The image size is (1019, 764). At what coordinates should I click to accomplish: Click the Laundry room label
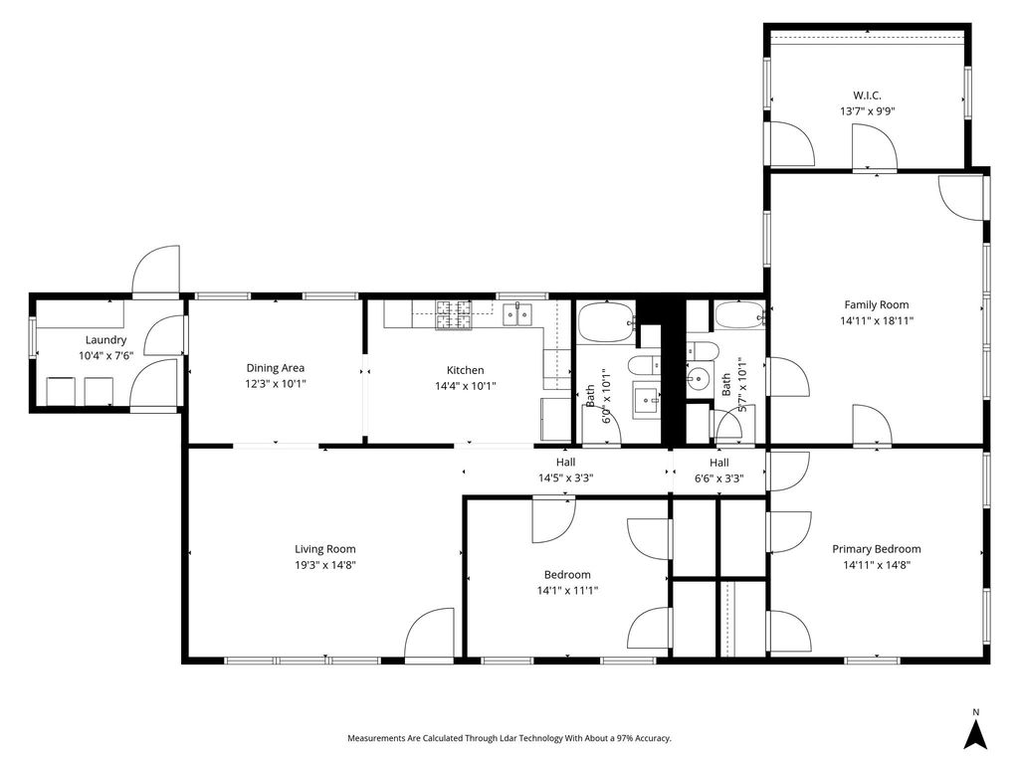[105, 340]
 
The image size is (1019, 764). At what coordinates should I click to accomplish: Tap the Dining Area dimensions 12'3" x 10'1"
[276, 384]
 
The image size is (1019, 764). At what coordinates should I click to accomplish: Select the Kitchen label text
[466, 370]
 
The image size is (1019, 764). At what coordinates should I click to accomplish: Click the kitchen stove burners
[454, 315]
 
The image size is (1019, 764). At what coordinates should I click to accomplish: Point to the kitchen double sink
[517, 314]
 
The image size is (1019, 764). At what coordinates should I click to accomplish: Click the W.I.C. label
[868, 95]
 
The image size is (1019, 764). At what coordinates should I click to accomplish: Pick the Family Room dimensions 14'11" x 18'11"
[877, 320]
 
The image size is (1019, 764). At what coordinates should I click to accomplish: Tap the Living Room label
[325, 549]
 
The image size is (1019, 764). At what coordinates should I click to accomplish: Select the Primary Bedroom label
[877, 549]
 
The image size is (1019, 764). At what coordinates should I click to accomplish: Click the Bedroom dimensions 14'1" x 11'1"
[567, 591]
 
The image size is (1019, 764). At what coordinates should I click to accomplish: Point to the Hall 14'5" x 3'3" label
[565, 471]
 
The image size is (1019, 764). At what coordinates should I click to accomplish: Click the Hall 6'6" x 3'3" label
[718, 471]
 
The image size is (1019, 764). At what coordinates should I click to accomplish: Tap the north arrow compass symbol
[975, 735]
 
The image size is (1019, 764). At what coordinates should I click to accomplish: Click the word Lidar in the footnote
[509, 738]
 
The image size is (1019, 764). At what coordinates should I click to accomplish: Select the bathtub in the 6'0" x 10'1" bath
[607, 322]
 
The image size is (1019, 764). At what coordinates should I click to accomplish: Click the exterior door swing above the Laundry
[156, 269]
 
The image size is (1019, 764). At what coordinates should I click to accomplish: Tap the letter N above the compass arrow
[975, 712]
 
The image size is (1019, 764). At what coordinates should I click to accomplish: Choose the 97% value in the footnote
[624, 738]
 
